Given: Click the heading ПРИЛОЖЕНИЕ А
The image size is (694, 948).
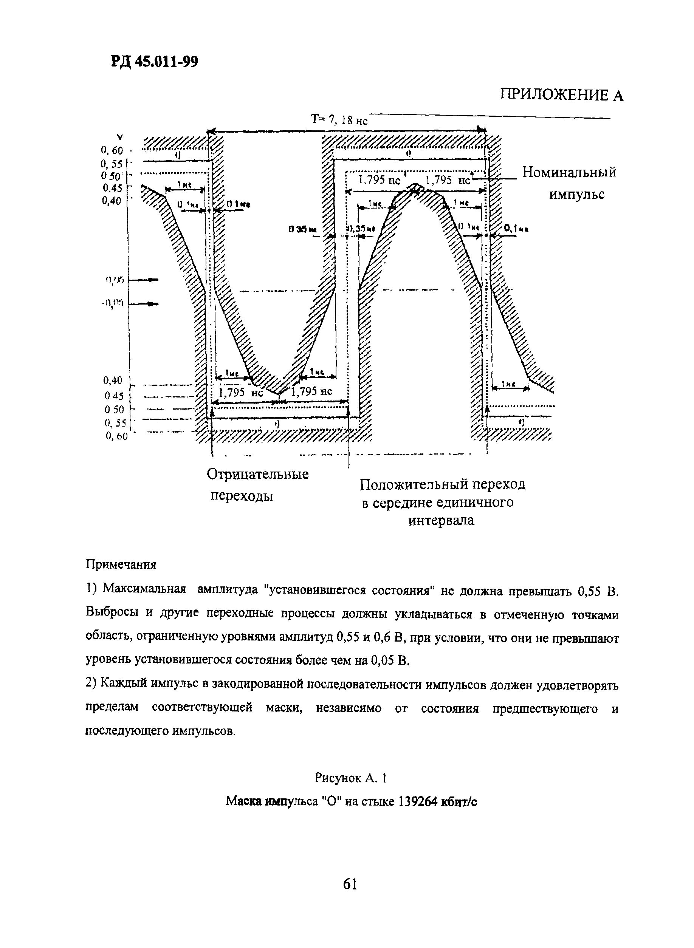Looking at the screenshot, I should (x=561, y=95).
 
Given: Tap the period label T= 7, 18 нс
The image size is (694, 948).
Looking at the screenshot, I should (x=339, y=120).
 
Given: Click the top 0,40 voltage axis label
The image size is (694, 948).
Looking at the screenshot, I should (x=112, y=201).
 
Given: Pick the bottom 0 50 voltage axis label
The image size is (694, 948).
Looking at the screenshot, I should (x=115, y=409).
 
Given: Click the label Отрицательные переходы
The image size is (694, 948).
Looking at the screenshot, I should (x=257, y=486).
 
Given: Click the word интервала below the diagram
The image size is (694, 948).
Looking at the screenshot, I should (x=441, y=521).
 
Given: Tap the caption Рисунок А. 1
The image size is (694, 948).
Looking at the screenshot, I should (x=350, y=778).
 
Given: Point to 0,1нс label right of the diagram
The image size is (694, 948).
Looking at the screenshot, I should (x=516, y=229).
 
